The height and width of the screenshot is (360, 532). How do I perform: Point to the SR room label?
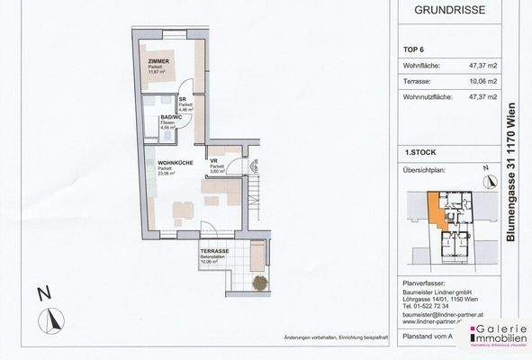point(183,100)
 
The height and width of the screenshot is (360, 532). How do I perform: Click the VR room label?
point(215,161)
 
